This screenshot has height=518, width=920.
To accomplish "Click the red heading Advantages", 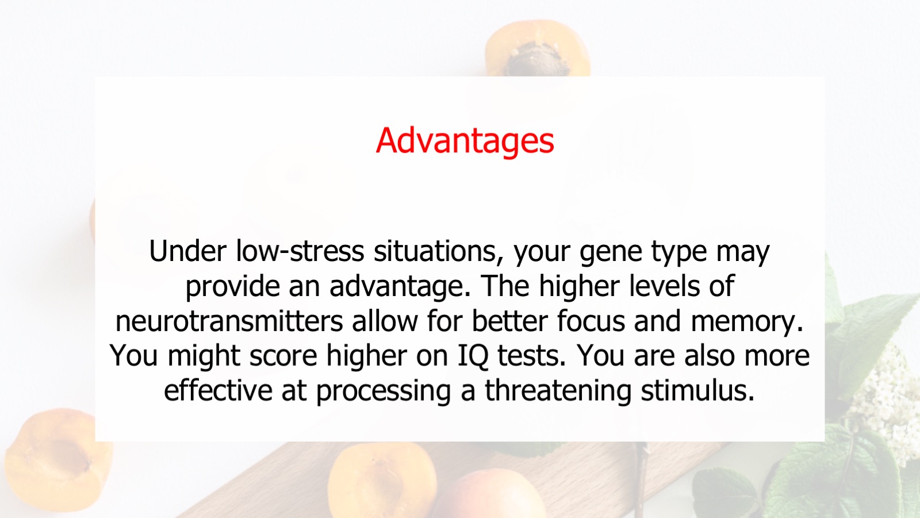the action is [465, 141].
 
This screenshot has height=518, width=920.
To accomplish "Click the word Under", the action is [187, 251].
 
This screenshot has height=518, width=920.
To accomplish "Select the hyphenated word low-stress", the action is [300, 251].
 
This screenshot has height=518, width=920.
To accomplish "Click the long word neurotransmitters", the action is [229, 321].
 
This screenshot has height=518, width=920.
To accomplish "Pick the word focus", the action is [591, 320].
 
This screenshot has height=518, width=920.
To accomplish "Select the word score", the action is [283, 356].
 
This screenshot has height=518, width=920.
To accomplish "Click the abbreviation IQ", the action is [473, 356].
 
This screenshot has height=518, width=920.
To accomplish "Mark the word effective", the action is [218, 390].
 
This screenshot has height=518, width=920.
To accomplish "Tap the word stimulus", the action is [697, 390].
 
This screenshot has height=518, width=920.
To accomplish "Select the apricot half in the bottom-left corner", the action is [57, 460].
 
